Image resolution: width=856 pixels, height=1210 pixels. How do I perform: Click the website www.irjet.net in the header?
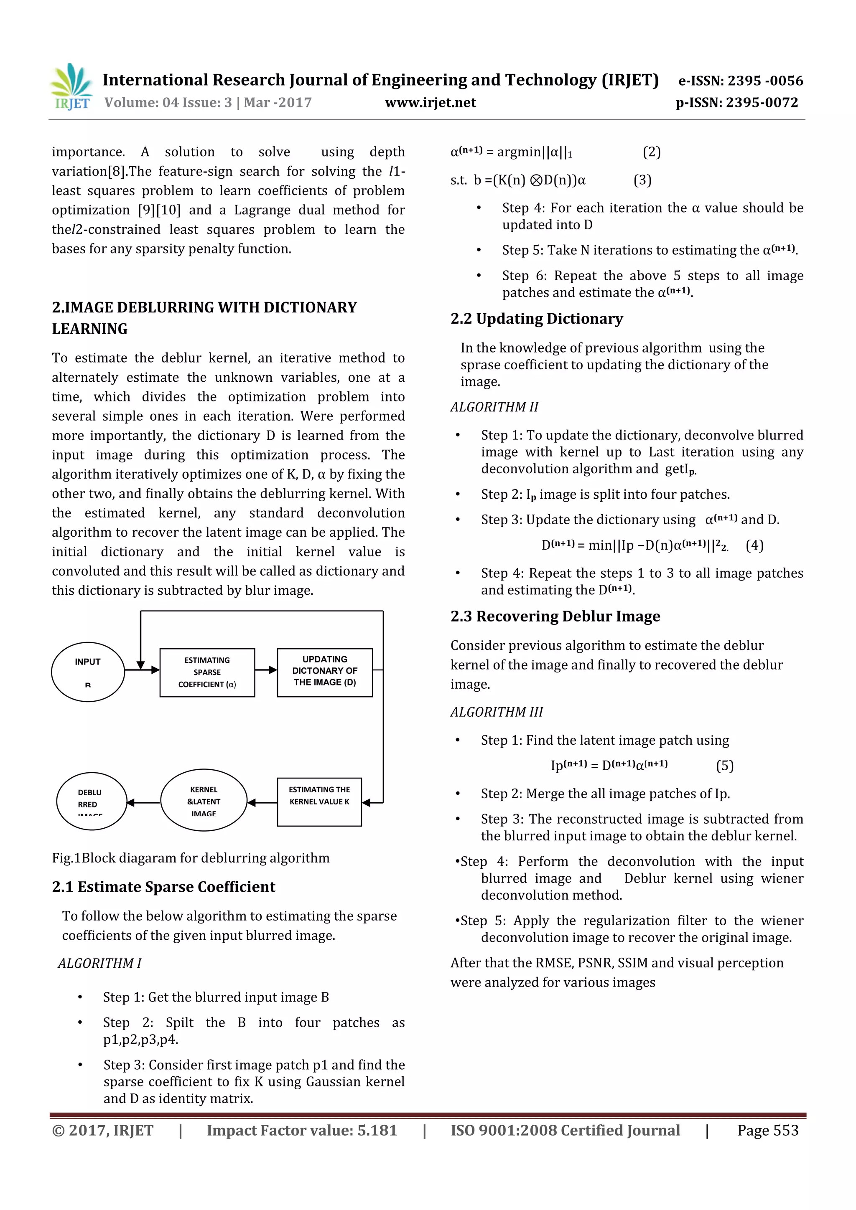[x=431, y=103]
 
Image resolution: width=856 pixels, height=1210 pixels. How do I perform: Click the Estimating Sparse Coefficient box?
[x=207, y=672]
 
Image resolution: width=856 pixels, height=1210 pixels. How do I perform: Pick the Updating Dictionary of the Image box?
[x=325, y=672]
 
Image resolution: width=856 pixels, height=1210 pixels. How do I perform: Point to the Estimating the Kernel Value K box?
[x=319, y=802]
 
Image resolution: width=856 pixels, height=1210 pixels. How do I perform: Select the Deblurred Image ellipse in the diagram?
[x=91, y=801]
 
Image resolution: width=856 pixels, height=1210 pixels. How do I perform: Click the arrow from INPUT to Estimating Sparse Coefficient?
[x=143, y=670]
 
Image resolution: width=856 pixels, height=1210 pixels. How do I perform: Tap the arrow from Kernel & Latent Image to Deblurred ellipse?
[x=143, y=802]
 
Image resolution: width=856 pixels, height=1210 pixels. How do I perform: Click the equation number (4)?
[x=754, y=545]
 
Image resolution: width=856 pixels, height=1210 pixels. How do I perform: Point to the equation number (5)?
[x=725, y=765]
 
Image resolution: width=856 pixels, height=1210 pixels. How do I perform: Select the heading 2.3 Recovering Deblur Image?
[x=555, y=616]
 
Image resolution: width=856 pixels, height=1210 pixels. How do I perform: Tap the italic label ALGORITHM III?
[x=496, y=712]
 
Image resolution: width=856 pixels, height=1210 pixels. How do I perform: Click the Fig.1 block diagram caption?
[x=191, y=858]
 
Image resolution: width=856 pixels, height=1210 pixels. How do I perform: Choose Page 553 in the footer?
[x=767, y=1130]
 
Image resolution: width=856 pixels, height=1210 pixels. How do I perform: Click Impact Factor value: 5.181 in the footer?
[x=302, y=1130]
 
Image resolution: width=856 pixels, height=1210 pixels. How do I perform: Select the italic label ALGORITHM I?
[x=99, y=963]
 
